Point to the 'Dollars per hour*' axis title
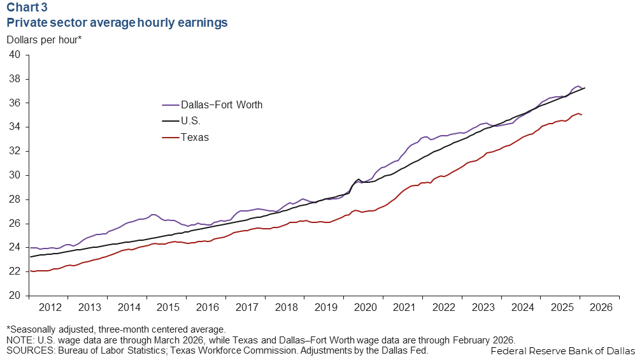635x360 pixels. [x=44, y=40]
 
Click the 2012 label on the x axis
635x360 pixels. [x=50, y=307]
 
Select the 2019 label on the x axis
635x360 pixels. [x=324, y=307]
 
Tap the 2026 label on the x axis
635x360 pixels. [x=599, y=307]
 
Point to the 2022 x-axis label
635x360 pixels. [x=442, y=307]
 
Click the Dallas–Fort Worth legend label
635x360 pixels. [x=222, y=104]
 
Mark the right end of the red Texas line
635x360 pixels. [x=582, y=115]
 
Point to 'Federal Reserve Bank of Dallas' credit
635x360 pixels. [x=563, y=351]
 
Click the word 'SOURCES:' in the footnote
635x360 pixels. [x=27, y=350]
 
